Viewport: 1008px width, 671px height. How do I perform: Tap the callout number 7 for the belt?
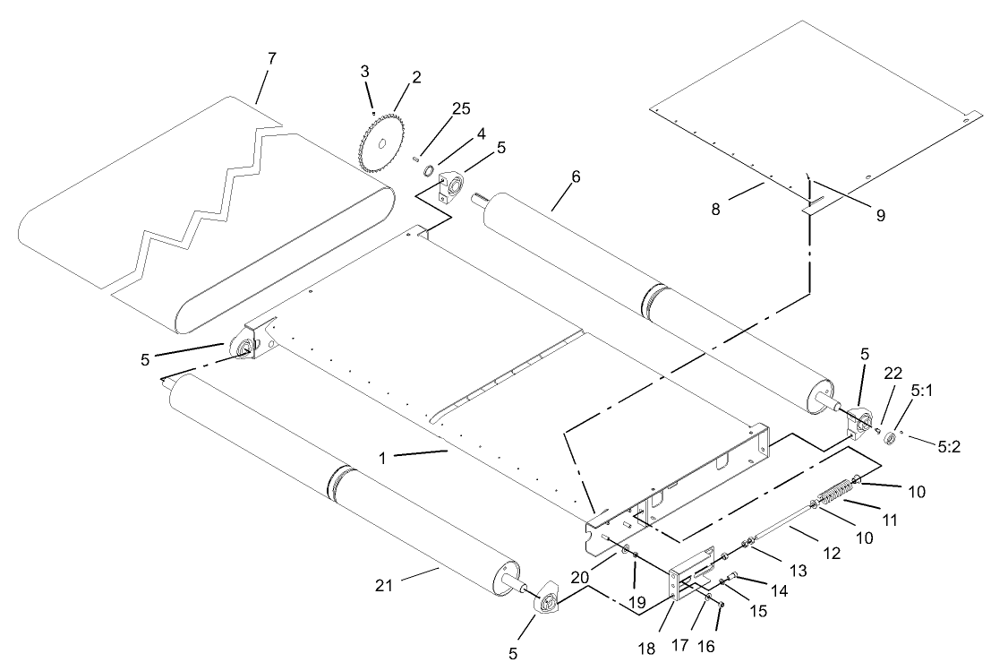point(272,58)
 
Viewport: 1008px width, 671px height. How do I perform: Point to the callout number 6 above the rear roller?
point(575,177)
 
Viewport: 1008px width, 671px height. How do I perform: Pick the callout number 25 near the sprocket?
point(460,108)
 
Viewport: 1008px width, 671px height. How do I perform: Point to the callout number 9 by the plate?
point(881,215)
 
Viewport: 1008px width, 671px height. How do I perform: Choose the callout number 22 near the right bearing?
point(893,373)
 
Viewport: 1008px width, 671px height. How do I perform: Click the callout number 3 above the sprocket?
point(365,71)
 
